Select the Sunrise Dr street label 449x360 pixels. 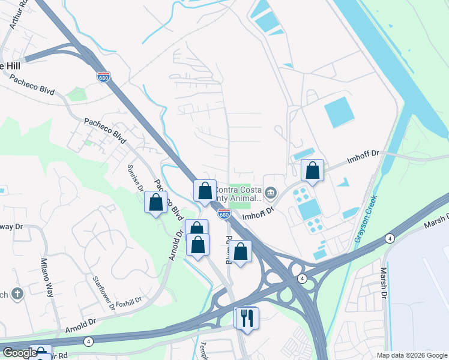click(135, 178)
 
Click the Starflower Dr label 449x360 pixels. click(103, 293)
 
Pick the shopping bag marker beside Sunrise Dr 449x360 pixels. click(156, 202)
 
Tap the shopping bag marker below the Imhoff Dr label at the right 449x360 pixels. click(313, 170)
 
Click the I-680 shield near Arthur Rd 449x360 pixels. click(103, 76)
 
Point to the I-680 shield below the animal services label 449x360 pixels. click(224, 214)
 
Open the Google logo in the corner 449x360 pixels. click(20, 353)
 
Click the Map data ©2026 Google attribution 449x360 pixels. click(411, 355)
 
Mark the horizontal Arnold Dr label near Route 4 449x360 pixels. click(81, 322)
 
